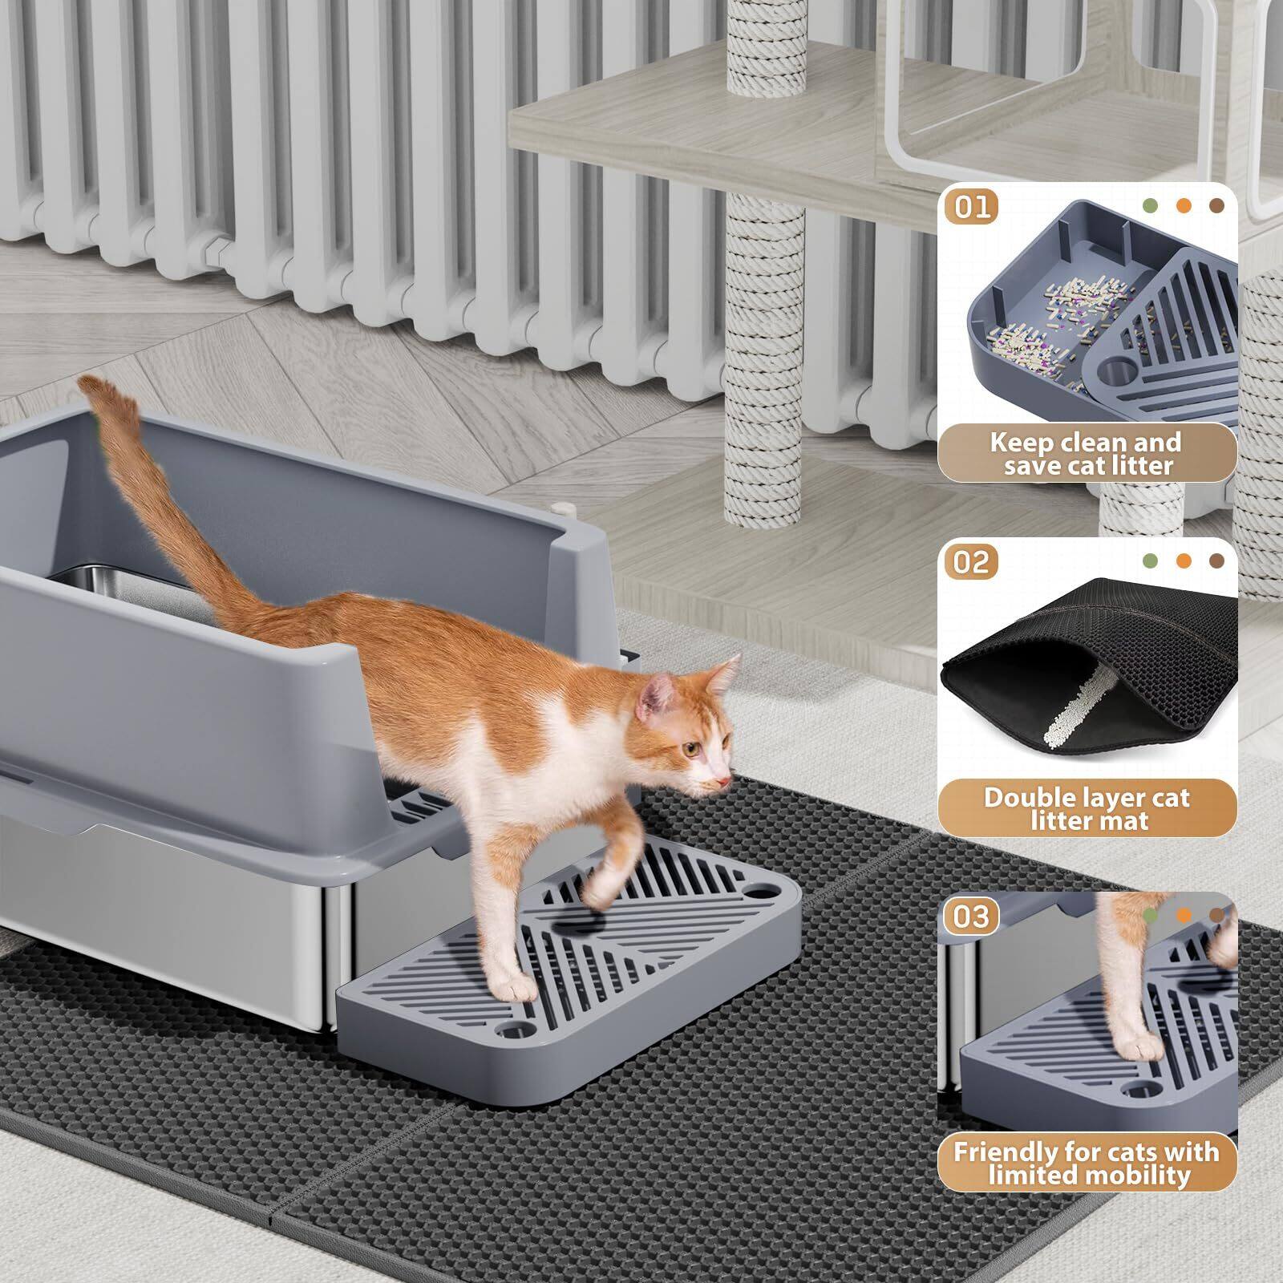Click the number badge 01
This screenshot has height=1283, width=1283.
click(x=971, y=207)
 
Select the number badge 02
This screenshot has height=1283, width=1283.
click(x=971, y=561)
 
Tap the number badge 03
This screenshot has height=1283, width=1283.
click(x=971, y=916)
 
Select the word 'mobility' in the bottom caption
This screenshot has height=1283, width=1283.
click(x=1129, y=1176)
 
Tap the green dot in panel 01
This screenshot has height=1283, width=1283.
click(x=1151, y=205)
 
